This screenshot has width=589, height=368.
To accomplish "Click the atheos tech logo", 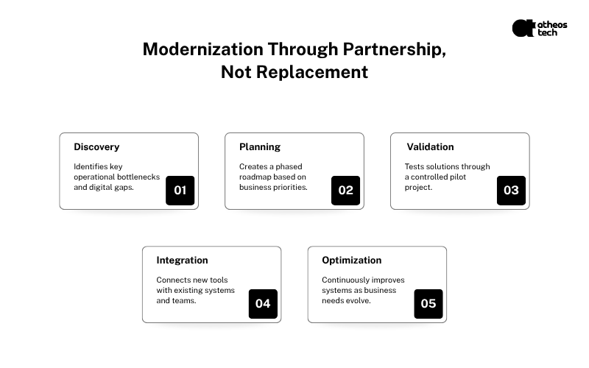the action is pyautogui.click(x=540, y=28).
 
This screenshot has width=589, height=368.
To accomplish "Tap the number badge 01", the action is pyautogui.click(x=180, y=191).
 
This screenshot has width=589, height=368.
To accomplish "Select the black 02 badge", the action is pyautogui.click(x=345, y=191).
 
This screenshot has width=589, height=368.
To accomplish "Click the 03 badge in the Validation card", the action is pyautogui.click(x=511, y=191).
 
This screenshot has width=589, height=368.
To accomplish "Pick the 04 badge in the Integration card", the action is pyautogui.click(x=263, y=304).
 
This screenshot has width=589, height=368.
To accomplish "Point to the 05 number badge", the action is pyautogui.click(x=428, y=304).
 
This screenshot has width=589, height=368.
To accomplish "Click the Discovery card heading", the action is pyautogui.click(x=96, y=146).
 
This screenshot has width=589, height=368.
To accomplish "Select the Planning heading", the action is pyautogui.click(x=260, y=146).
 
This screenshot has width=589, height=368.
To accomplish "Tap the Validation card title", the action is pyautogui.click(x=430, y=146).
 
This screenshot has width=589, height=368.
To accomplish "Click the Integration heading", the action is pyautogui.click(x=182, y=261).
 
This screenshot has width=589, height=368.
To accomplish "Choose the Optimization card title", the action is pyautogui.click(x=352, y=261).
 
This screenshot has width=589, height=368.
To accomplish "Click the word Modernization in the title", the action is pyautogui.click(x=203, y=49).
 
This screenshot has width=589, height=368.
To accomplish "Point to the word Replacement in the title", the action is pyautogui.click(x=312, y=72).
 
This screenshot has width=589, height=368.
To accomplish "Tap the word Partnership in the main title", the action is pyautogui.click(x=395, y=50).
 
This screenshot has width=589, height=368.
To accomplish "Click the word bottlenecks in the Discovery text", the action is pyautogui.click(x=138, y=177).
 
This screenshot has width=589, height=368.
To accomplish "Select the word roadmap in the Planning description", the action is pyautogui.click(x=253, y=177).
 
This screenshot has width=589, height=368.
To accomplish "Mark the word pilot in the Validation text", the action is pyautogui.click(x=457, y=177).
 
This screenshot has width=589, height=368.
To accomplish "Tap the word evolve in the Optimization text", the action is pyautogui.click(x=361, y=300).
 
